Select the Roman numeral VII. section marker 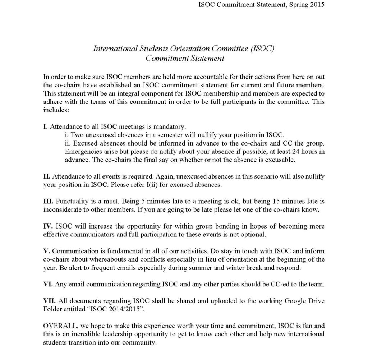click(x=49, y=300)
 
